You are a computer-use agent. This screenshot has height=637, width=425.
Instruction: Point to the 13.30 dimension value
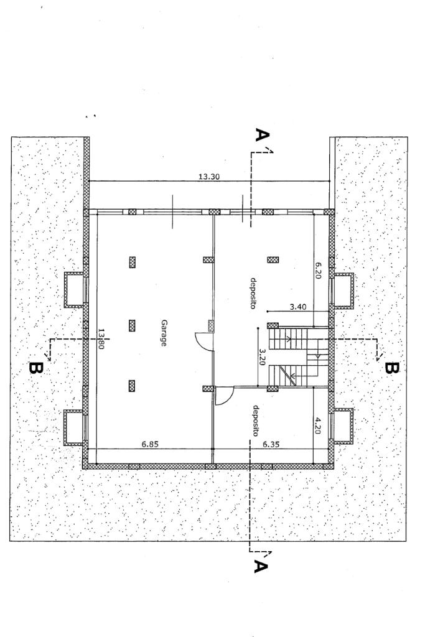(x=208, y=177)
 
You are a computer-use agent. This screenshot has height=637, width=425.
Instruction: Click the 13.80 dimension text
(x=100, y=340)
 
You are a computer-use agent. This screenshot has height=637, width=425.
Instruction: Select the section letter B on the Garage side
(x=36, y=368)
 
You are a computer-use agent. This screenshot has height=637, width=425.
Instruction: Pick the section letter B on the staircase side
(x=391, y=368)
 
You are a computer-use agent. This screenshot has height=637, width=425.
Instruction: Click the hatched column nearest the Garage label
(x=132, y=325)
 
